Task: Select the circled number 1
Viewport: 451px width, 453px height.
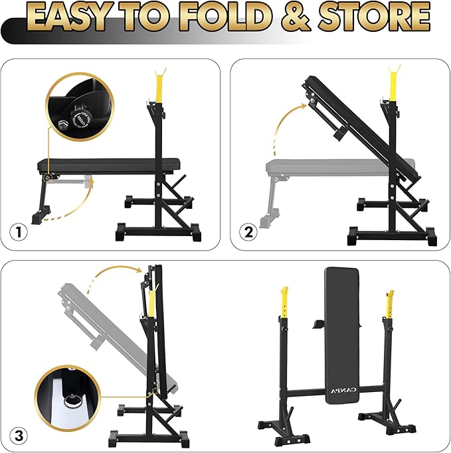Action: pyautogui.click(x=21, y=233)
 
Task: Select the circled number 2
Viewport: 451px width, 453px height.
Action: pyautogui.click(x=249, y=233)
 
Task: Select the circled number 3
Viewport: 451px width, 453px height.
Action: pyautogui.click(x=21, y=435)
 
